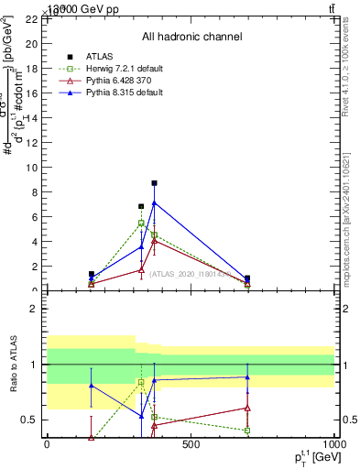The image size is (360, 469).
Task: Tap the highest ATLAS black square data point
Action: tap(154, 183)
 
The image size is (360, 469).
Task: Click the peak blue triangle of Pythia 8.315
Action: tap(154, 202)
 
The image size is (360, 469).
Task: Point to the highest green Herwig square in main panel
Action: tap(141, 223)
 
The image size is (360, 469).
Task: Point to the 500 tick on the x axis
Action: tap(191, 445)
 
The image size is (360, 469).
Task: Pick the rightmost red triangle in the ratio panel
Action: tap(247, 408)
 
